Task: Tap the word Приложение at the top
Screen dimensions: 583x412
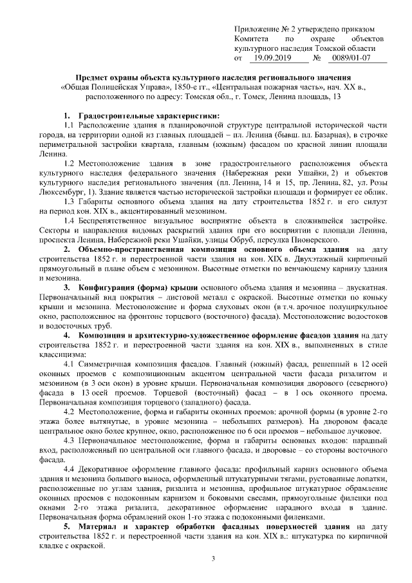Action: click(256, 30)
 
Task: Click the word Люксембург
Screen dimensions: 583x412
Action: click(61, 191)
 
